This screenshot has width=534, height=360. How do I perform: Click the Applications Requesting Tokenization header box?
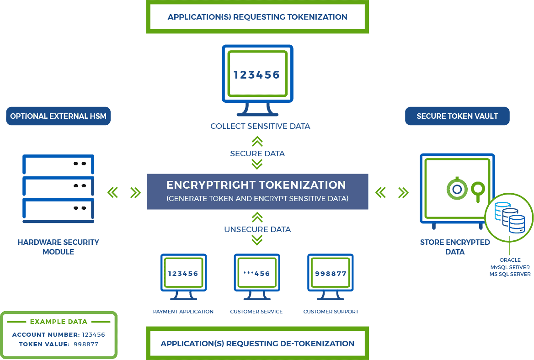(x=257, y=17)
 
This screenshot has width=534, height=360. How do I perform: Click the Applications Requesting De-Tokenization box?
(x=257, y=344)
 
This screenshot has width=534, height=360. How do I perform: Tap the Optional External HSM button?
(x=58, y=116)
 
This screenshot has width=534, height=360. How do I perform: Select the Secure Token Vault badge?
(x=457, y=116)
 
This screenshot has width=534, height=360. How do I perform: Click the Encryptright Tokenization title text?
(x=256, y=185)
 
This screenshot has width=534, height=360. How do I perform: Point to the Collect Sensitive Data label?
(x=260, y=126)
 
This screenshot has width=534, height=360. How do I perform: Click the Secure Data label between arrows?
(x=257, y=154)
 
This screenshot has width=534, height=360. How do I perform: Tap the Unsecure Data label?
(x=257, y=229)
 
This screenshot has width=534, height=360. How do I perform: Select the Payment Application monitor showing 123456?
(x=183, y=274)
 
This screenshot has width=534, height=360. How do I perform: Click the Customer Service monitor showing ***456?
(x=256, y=274)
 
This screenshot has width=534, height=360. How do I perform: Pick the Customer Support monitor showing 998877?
(x=331, y=274)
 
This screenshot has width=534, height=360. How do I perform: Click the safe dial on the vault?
(x=456, y=188)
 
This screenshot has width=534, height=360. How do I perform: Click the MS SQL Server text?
(x=510, y=274)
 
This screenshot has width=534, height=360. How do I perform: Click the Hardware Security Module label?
(x=58, y=247)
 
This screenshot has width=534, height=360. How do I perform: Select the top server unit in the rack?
(x=58, y=163)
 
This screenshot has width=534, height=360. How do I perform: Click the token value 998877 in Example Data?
(x=86, y=344)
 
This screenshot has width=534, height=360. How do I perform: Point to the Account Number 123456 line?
(x=59, y=334)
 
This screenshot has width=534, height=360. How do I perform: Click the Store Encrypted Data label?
(x=455, y=247)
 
